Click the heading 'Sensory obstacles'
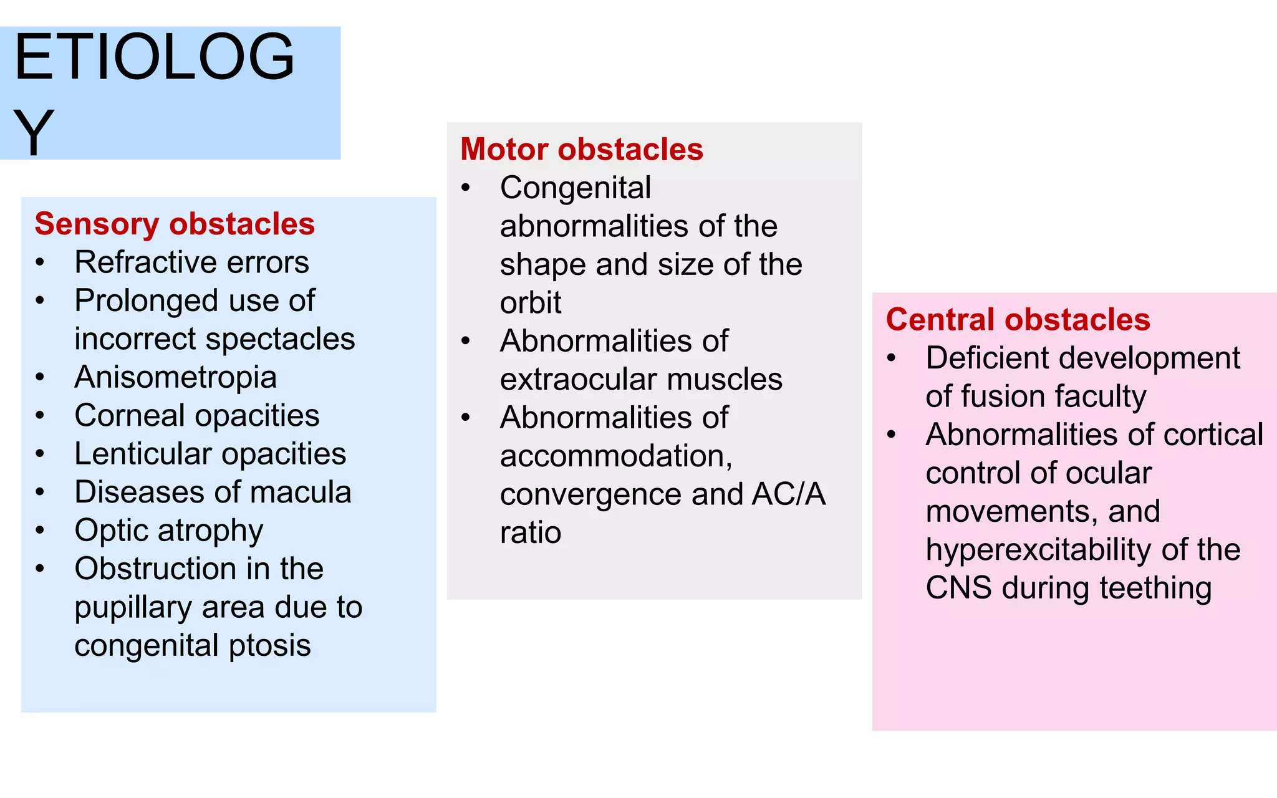(x=175, y=224)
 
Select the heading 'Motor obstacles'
(x=581, y=150)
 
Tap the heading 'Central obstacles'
(x=1018, y=320)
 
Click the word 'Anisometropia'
(x=175, y=377)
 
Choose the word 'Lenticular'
(x=143, y=454)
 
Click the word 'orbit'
(x=530, y=303)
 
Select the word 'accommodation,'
(x=616, y=456)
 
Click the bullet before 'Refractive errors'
(x=40, y=262)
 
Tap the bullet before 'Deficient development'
(x=892, y=358)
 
